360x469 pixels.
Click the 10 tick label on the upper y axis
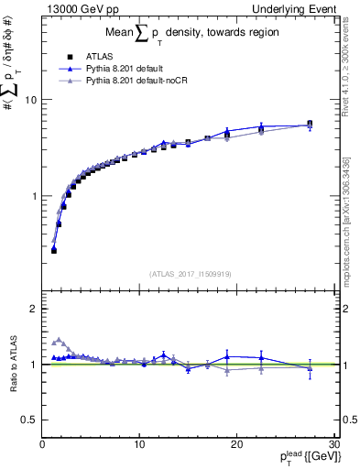pos(29,100)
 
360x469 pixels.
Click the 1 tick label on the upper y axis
pos(33,196)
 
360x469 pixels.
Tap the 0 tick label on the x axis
pos(42,444)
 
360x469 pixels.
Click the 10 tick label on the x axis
pos(139,444)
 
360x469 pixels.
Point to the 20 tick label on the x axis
pos(236,444)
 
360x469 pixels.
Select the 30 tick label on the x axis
pos(333,444)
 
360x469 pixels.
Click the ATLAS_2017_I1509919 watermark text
pos(189,273)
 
